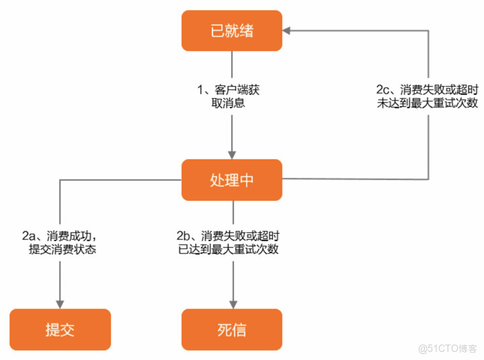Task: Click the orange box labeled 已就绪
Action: coord(232,30)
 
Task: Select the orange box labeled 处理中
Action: coord(232,179)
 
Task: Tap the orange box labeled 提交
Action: coord(60,329)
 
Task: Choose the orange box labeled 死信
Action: coord(232,329)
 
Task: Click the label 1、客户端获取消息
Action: coord(232,96)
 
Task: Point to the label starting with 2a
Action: coord(61,242)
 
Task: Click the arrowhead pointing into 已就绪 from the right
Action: coord(287,30)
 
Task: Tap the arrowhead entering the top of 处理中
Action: coord(232,154)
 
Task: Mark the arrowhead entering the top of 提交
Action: coord(60,304)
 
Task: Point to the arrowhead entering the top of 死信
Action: coord(232,304)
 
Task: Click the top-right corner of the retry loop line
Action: coord(429,30)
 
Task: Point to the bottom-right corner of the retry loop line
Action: coord(429,179)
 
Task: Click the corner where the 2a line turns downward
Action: coord(60,179)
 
